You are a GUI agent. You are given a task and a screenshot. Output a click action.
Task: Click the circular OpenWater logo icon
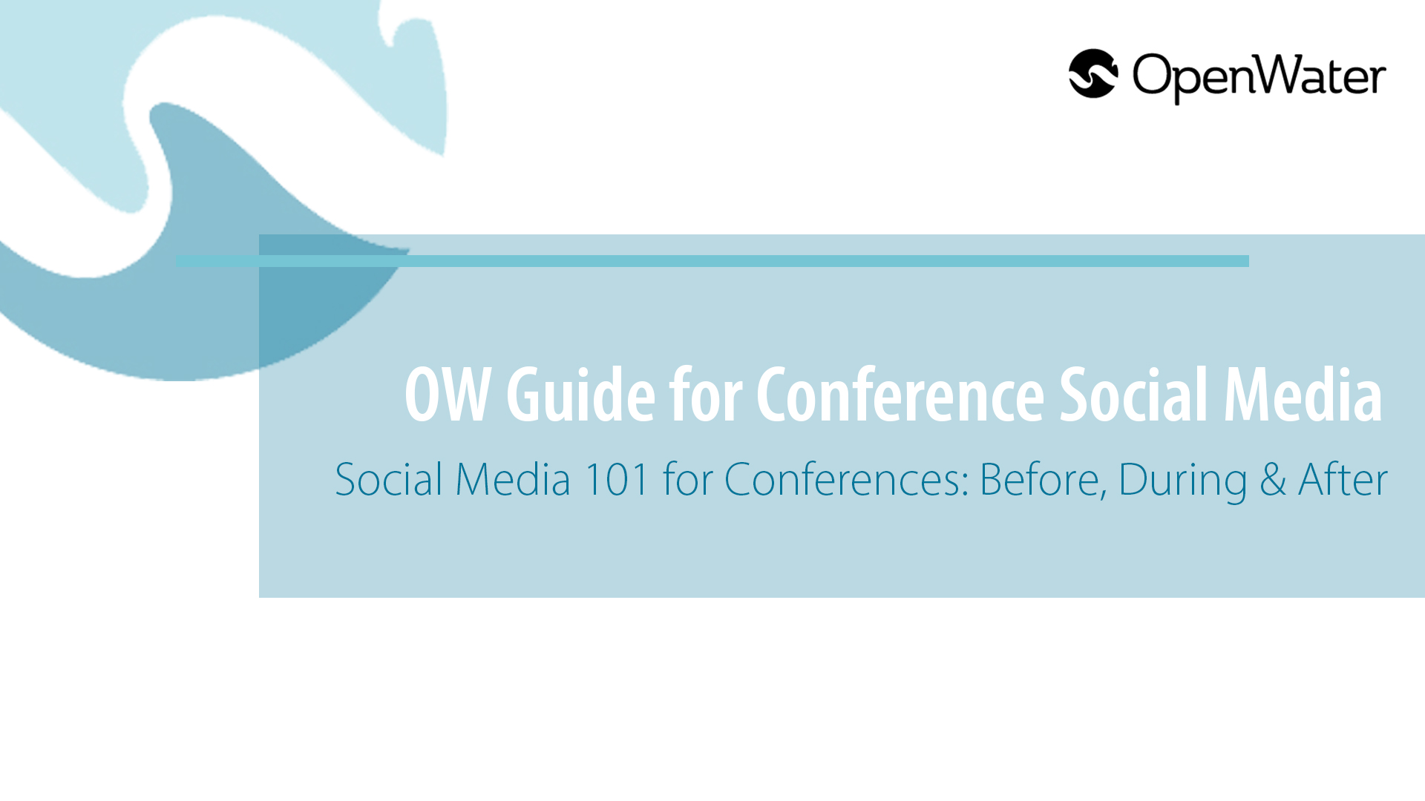pos(1093,73)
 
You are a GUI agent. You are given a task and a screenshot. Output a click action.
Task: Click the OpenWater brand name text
pos(1259,77)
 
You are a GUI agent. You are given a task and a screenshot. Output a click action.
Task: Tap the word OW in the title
pos(448,395)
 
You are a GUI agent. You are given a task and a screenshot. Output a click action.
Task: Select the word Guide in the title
pos(580,395)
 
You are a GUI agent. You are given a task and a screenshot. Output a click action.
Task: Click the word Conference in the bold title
pos(900,395)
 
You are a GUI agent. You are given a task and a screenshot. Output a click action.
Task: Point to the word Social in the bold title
pos(1134,395)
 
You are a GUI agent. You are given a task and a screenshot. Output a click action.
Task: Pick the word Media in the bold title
pos(1303,395)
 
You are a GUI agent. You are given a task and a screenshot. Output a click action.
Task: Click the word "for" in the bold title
pos(706,395)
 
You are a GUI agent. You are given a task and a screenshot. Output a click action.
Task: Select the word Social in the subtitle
pos(389,479)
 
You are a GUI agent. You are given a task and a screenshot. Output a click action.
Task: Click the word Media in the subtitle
pos(513,479)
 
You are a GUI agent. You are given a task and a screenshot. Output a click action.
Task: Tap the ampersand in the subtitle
pos(1273,479)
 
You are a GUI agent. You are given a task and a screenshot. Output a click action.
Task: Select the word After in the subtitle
pos(1343,479)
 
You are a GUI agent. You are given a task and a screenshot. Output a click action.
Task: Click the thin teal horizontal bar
pos(712,261)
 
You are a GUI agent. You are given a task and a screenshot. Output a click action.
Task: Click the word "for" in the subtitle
pos(687,479)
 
